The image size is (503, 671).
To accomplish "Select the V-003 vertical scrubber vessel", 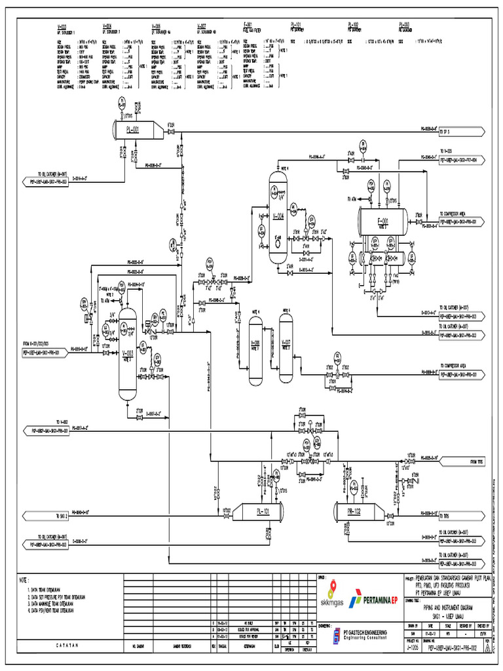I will [x=127, y=354].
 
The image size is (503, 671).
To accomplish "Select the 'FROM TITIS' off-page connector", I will [x=462, y=461].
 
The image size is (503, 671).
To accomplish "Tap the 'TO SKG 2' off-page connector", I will [x=45, y=512].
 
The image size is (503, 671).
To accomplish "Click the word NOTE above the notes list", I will [x=25, y=580].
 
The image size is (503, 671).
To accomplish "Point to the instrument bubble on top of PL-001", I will [x=121, y=102].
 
